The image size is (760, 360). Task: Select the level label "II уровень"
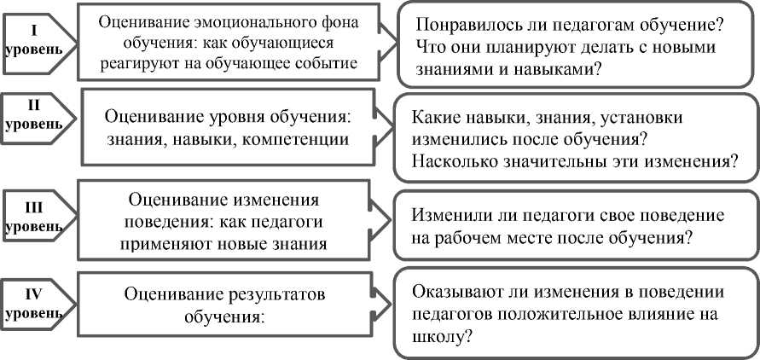(33, 115)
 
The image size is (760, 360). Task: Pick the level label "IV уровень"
(33, 303)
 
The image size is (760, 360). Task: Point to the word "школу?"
(440, 337)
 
